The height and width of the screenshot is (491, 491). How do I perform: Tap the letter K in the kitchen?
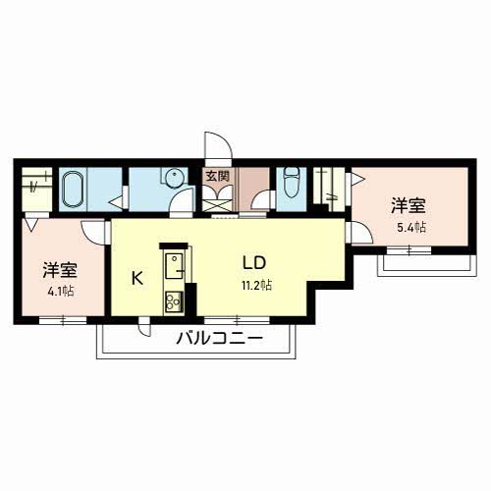[x=137, y=277]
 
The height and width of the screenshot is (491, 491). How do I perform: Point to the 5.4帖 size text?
[x=411, y=227]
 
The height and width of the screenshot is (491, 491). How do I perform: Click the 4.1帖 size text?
[x=60, y=291]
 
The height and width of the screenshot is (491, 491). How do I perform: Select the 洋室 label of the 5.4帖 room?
[x=408, y=205]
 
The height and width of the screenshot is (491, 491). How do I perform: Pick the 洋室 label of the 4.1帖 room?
[x=59, y=270]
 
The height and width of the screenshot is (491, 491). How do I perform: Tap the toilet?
[x=292, y=184]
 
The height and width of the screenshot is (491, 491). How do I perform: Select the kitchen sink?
[x=176, y=265]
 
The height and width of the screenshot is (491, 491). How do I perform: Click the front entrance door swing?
[x=217, y=145]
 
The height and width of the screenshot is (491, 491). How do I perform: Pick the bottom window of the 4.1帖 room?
[x=61, y=319]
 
